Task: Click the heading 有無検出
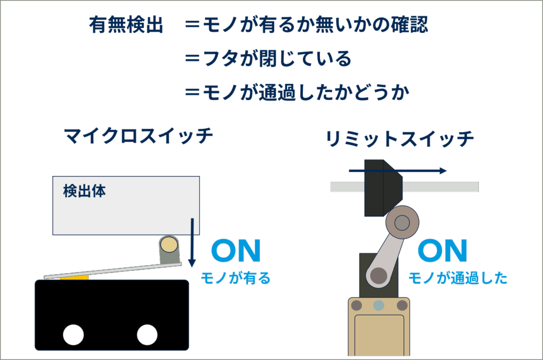click(x=126, y=25)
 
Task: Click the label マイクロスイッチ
click(x=138, y=136)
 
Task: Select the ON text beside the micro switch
click(x=236, y=251)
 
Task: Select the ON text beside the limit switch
click(x=442, y=251)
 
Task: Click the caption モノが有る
click(x=235, y=278)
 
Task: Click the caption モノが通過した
click(x=458, y=278)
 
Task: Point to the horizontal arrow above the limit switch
click(x=398, y=171)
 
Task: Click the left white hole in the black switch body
click(x=73, y=335)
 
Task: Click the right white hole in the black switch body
click(x=147, y=335)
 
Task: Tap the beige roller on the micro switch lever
click(x=169, y=244)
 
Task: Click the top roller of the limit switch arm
click(x=402, y=223)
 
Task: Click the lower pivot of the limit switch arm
click(x=378, y=276)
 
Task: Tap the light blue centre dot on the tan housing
click(x=379, y=305)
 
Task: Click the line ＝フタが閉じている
click(x=268, y=59)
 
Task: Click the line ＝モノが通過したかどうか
click(x=297, y=93)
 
